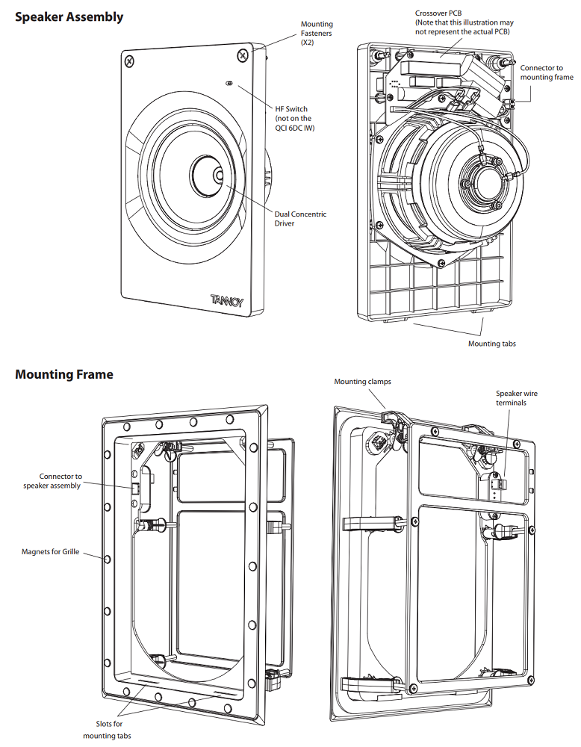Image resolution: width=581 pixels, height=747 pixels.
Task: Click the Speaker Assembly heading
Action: point(69,16)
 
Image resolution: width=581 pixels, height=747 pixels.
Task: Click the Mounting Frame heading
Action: point(64,374)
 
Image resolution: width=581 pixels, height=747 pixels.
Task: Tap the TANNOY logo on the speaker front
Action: point(226,301)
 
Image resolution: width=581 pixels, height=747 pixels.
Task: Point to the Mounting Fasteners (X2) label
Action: point(317,34)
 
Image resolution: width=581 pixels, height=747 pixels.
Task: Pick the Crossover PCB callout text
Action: point(464,22)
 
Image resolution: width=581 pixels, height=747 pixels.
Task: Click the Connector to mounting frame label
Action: point(547,72)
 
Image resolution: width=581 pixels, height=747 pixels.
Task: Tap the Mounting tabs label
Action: point(491,344)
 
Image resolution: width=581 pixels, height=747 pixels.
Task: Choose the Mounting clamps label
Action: point(362,382)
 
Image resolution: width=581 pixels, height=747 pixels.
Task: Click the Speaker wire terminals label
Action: point(516,398)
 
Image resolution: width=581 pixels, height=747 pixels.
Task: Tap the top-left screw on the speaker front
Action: point(130,61)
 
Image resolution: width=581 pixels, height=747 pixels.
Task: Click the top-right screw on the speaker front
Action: point(243,55)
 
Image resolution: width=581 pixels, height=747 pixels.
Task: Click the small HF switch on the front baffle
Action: point(229,84)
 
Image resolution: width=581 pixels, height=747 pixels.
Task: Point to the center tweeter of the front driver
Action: point(217,176)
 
